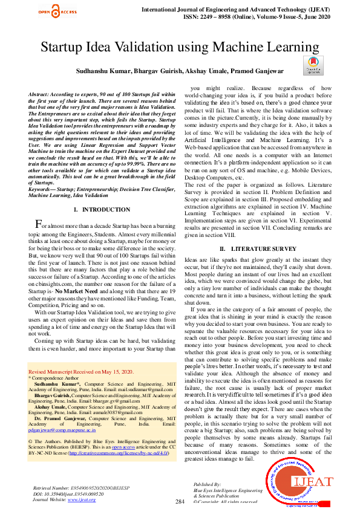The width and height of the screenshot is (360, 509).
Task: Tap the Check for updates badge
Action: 312,65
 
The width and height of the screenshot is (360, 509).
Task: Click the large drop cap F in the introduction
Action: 38,224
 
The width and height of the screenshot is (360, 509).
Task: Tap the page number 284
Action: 180,502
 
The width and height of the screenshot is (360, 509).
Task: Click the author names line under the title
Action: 180,71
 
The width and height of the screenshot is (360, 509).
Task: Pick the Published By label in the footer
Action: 208,485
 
